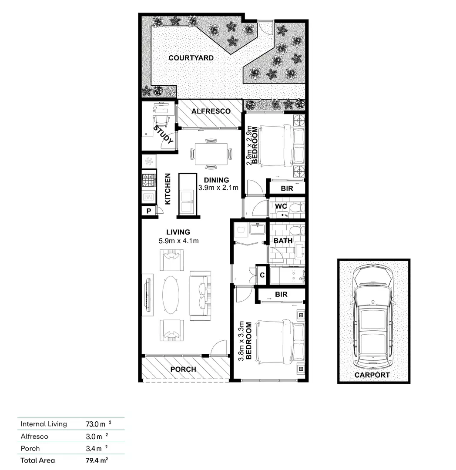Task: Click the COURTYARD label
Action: coord(191,58)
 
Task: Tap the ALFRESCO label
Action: coord(211,111)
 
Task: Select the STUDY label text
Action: coord(164,135)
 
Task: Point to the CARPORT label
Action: coord(372,375)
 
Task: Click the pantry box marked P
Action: coord(148,211)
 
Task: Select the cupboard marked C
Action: coord(262,275)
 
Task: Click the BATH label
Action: coord(283,240)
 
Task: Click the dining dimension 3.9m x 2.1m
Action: coord(218,188)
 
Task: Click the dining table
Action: coord(211,154)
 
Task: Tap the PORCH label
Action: coord(183,369)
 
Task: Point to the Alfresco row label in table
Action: coord(34,436)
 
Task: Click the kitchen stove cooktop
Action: coord(149,179)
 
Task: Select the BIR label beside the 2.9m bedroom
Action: coord(287,189)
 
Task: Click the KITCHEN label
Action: coord(168,189)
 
